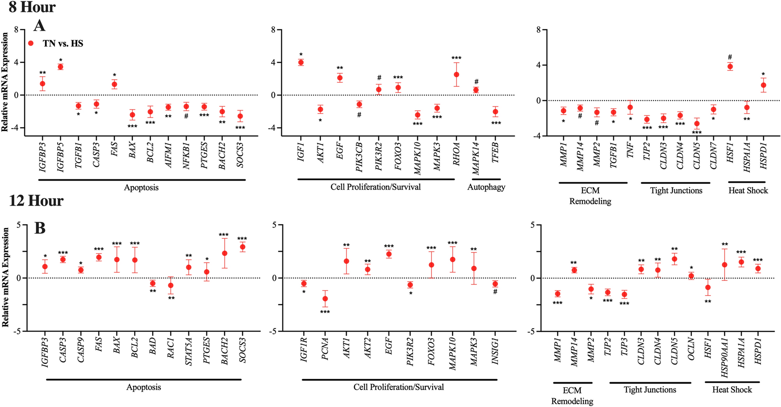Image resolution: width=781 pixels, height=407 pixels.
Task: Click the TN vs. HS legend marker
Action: [31, 43]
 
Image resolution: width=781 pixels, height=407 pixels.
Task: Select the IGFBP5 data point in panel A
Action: [60, 67]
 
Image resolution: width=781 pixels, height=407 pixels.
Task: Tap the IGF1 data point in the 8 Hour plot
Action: [301, 62]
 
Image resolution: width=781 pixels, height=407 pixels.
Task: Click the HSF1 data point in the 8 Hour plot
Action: [730, 67]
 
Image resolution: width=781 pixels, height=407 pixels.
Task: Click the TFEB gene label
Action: [495, 154]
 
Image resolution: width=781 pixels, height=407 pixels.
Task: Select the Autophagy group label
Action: [486, 187]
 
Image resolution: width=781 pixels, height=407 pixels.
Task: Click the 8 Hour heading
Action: [32, 7]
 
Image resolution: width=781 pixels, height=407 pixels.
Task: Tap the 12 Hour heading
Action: [36, 201]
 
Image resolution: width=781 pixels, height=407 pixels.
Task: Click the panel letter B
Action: [40, 228]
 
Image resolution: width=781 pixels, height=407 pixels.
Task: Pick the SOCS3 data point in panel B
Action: [242, 247]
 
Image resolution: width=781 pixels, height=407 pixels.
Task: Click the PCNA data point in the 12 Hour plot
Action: [325, 299]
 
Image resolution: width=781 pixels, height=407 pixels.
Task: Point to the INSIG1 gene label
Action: [495, 351]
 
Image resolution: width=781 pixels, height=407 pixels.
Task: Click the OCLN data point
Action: [691, 276]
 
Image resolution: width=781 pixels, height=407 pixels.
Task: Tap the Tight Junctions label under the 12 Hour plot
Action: [650, 389]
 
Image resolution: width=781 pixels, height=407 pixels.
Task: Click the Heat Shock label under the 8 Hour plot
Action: [748, 190]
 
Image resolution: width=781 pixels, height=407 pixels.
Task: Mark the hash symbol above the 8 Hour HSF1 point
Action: [730, 57]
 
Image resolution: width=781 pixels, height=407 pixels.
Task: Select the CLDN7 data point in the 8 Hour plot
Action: [713, 109]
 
